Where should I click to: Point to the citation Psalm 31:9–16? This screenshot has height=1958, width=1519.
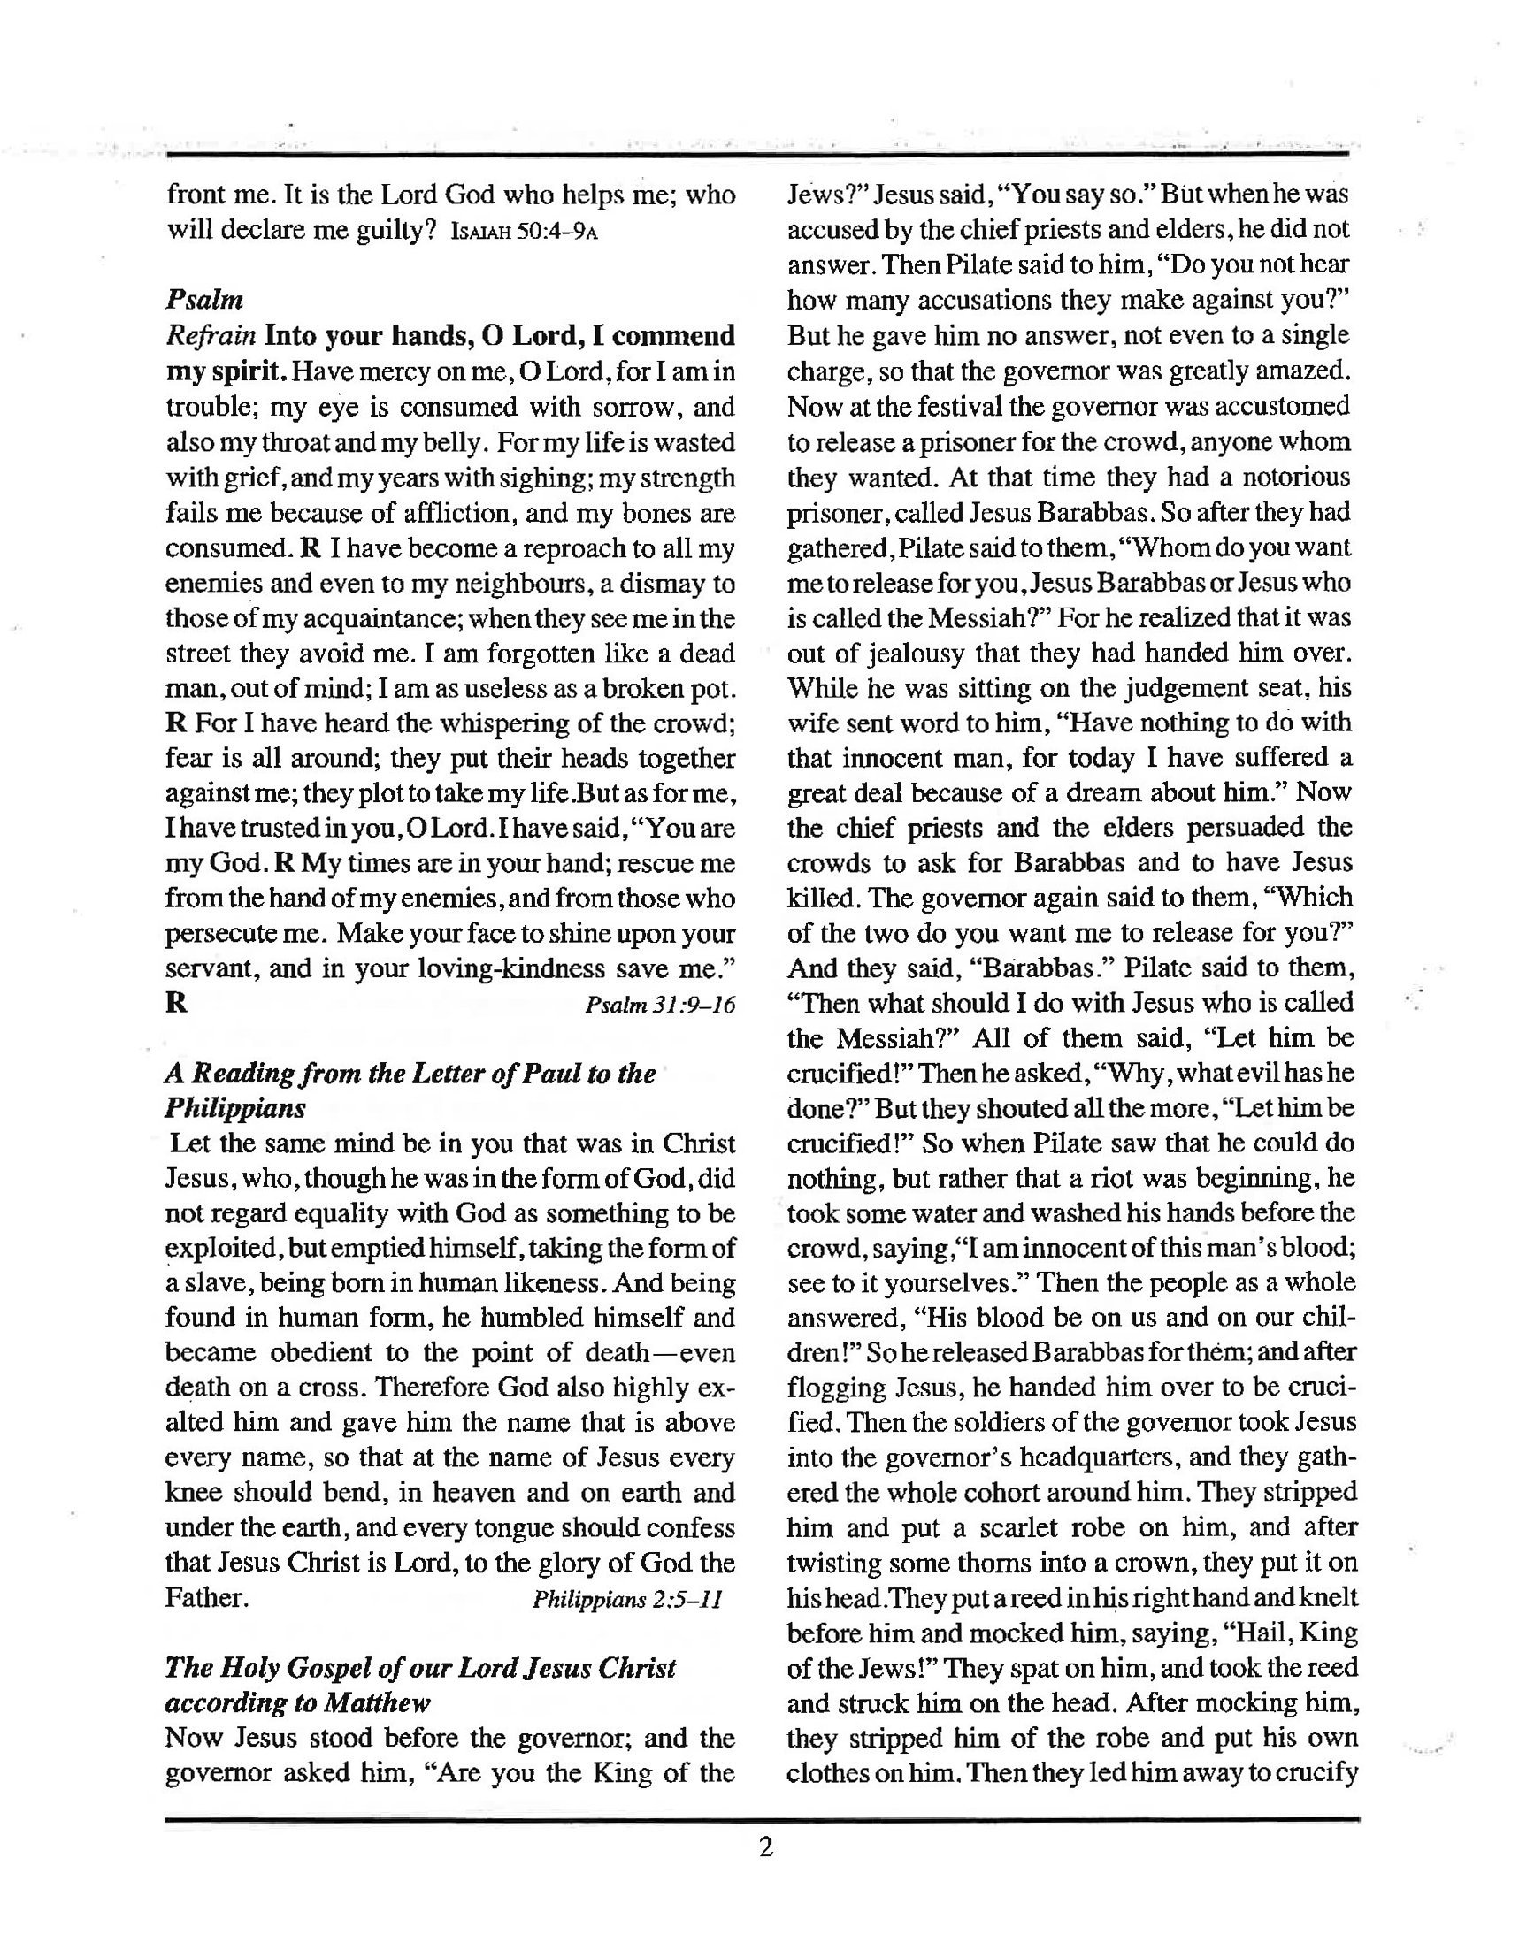(x=659, y=1005)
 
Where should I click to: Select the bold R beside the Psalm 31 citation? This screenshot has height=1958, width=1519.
(x=177, y=1003)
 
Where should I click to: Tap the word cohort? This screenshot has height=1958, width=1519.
(x=1005, y=1494)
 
